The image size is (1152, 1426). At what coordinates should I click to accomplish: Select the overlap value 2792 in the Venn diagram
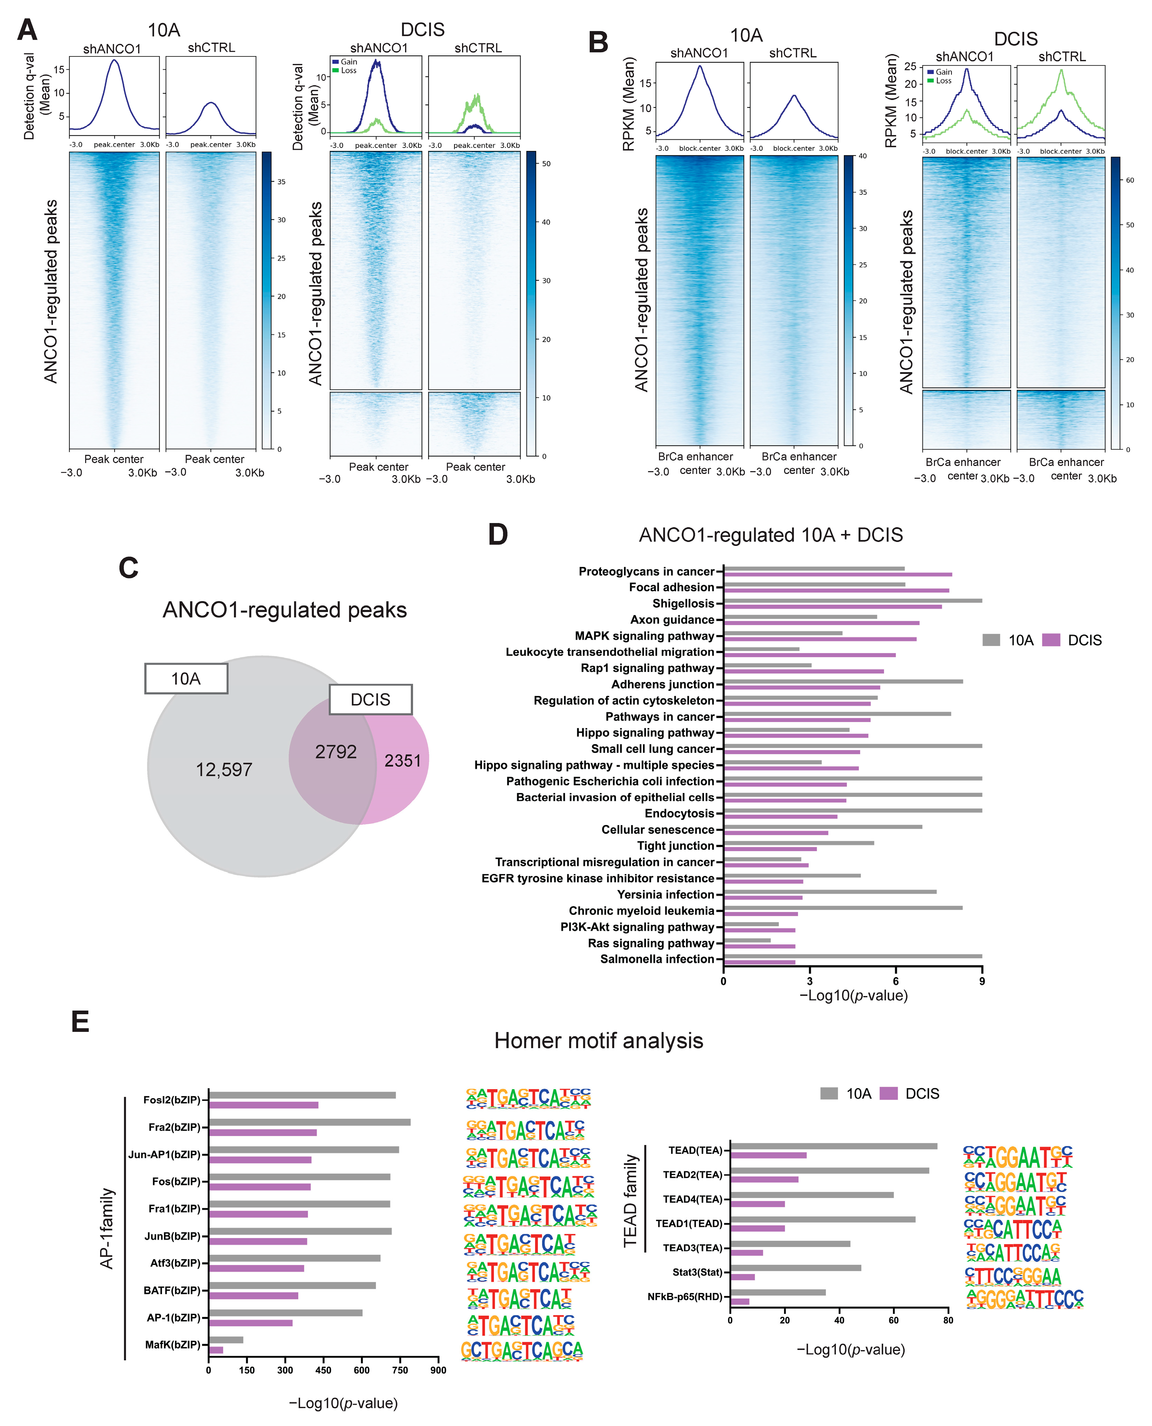[336, 752]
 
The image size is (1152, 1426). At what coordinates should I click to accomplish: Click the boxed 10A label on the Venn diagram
[187, 678]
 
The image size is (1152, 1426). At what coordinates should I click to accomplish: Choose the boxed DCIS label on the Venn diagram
[370, 700]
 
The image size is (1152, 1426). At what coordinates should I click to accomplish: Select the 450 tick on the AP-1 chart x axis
[323, 1370]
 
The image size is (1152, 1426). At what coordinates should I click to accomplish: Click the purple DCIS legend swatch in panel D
[1051, 640]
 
